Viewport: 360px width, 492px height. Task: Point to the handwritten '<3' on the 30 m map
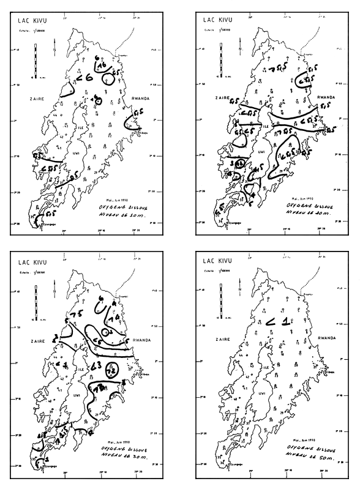tap(96, 367)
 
